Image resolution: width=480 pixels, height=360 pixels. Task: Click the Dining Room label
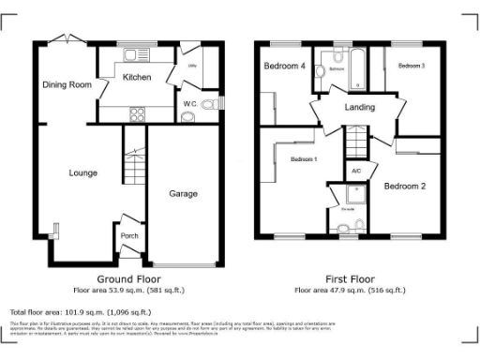[67, 84]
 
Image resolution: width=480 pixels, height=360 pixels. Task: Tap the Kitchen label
[137, 79]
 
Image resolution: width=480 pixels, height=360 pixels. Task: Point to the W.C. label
[189, 103]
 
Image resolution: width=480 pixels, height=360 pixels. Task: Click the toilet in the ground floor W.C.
[187, 116]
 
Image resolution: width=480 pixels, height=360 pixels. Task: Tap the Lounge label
[56, 172]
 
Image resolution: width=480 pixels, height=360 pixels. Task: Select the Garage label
[183, 194]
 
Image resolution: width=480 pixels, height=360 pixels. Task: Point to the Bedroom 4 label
[282, 67]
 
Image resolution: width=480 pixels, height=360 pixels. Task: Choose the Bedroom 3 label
[411, 67]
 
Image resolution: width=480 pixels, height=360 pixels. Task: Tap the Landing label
[360, 107]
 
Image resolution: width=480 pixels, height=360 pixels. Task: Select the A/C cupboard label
[356, 172]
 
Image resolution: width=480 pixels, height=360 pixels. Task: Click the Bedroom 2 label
[404, 186]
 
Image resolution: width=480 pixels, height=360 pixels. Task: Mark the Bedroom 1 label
[303, 159]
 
